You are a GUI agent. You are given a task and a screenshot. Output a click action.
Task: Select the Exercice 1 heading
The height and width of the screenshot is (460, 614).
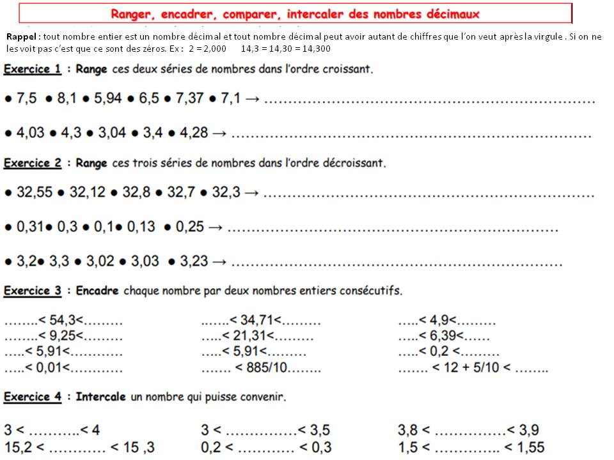pos(33,68)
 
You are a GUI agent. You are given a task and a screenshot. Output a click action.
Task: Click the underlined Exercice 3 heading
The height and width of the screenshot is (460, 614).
pos(33,291)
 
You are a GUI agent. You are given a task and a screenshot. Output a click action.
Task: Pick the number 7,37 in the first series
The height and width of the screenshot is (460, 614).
pos(195,100)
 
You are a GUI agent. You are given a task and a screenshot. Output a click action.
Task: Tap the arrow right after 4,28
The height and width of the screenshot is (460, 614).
pos(219,134)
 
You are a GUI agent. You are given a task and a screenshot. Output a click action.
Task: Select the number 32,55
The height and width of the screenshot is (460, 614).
pos(34,192)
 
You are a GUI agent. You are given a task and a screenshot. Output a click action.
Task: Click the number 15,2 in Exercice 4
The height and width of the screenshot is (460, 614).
pos(17,447)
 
